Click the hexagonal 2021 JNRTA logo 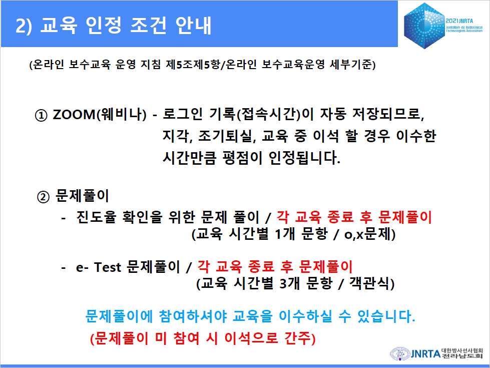coord(424,26)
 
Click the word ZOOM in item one coord(74,115)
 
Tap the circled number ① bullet coord(41,115)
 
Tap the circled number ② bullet coord(43,197)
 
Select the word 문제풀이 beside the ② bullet coord(82,196)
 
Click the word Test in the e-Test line coord(108,267)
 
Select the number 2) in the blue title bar coord(24,26)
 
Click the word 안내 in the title coord(193,25)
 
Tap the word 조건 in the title coord(148,25)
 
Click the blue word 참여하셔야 coord(193,316)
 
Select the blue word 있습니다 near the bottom coord(385,316)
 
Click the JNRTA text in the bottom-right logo coord(425,353)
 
